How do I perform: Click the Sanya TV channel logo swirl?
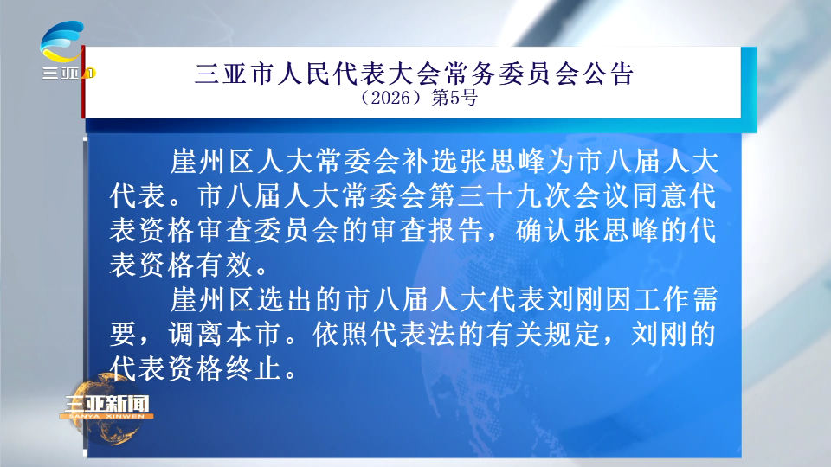point(61,42)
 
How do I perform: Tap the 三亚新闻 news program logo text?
point(107,404)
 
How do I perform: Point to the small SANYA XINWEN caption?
point(106,416)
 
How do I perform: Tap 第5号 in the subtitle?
point(454,98)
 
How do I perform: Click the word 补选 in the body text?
point(430,162)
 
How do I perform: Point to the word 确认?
point(544,231)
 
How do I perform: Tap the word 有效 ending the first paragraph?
point(225,265)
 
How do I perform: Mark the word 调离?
point(196,335)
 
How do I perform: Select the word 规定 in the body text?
point(572,335)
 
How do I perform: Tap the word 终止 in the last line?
point(254,369)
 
